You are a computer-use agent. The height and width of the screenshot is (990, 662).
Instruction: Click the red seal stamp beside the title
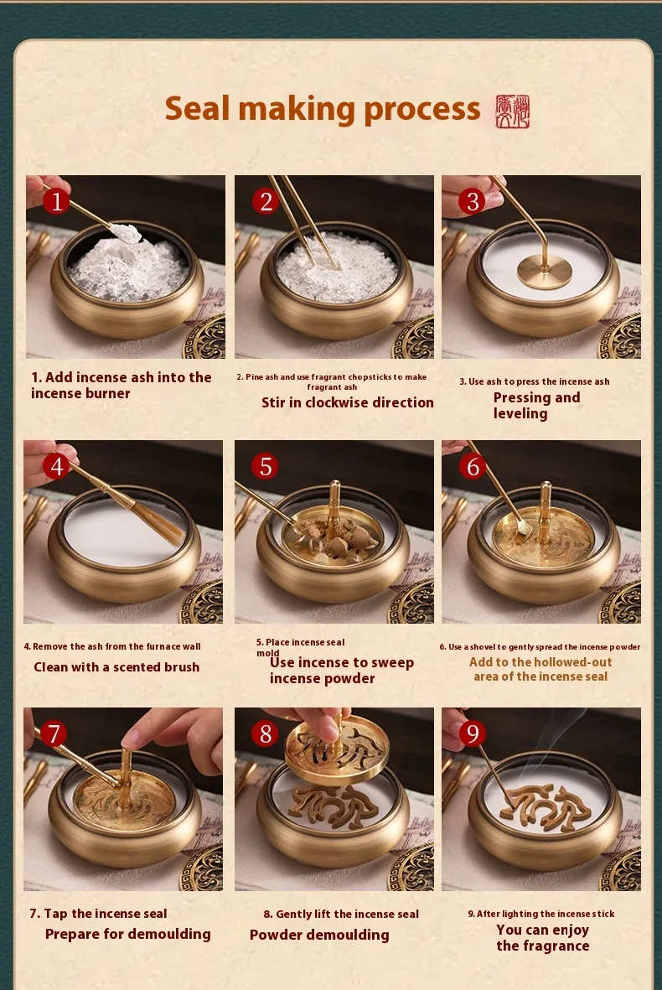[513, 111]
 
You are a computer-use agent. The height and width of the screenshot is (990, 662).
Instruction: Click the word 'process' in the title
[422, 110]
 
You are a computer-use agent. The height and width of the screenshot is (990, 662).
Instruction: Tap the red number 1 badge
[56, 201]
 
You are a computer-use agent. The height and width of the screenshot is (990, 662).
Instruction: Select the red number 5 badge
[265, 467]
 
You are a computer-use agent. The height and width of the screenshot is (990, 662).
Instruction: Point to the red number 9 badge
[472, 733]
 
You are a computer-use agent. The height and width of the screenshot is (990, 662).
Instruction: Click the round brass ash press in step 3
[544, 272]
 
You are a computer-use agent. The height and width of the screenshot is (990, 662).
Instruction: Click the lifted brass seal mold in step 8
[335, 750]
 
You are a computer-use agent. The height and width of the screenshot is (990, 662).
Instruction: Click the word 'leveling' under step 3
[520, 414]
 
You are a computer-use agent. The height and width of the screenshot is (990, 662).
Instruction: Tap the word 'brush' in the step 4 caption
[182, 666]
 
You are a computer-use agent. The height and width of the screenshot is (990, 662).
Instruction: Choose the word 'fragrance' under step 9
[557, 946]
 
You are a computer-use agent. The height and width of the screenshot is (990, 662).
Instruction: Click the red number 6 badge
[472, 467]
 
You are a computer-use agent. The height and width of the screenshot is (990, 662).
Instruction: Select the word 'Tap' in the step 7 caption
[55, 915]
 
